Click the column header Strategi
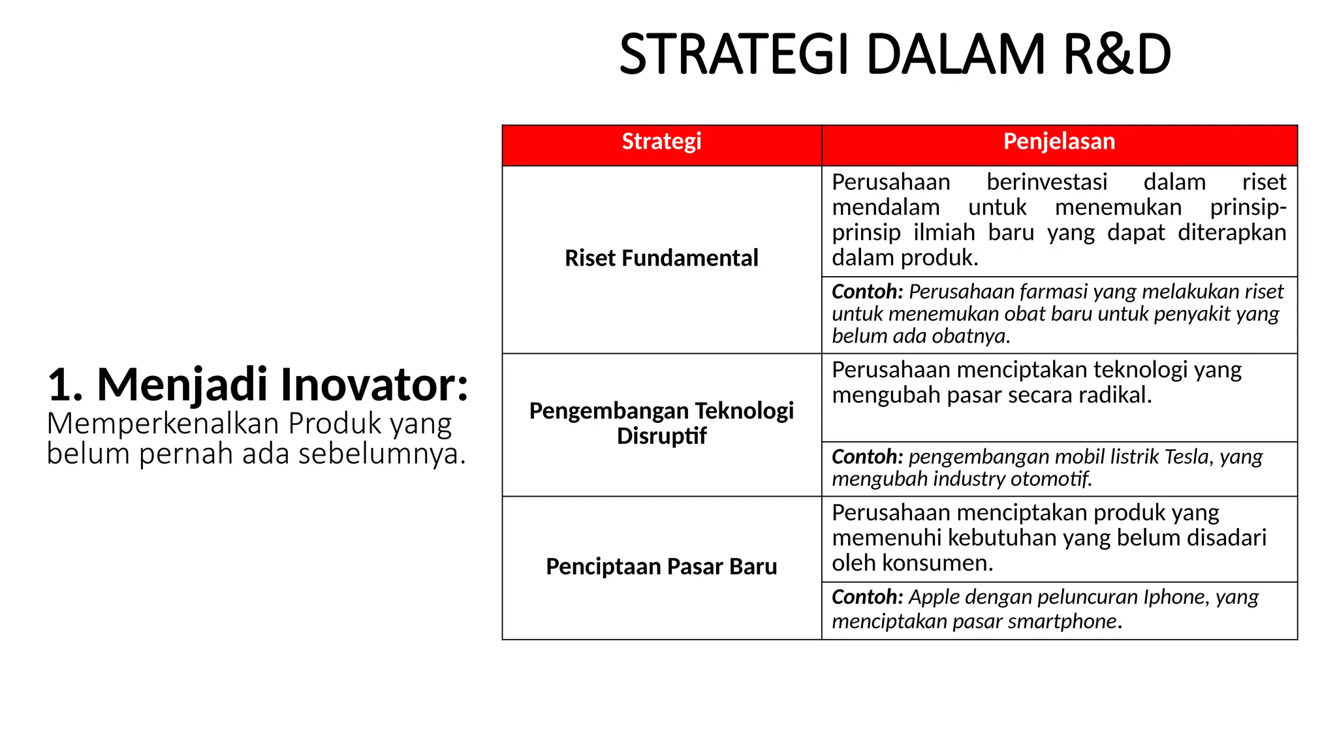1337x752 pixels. pos(661,142)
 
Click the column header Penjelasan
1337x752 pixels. pos(1059,142)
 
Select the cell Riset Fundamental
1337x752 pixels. pos(661,258)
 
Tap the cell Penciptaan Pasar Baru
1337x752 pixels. pos(661,567)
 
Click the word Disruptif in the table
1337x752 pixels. pos(661,436)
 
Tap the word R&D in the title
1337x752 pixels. pos(1117,55)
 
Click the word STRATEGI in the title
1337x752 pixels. pos(735,55)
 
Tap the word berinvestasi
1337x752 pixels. pos(1046,182)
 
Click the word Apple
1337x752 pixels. pos(934,597)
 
